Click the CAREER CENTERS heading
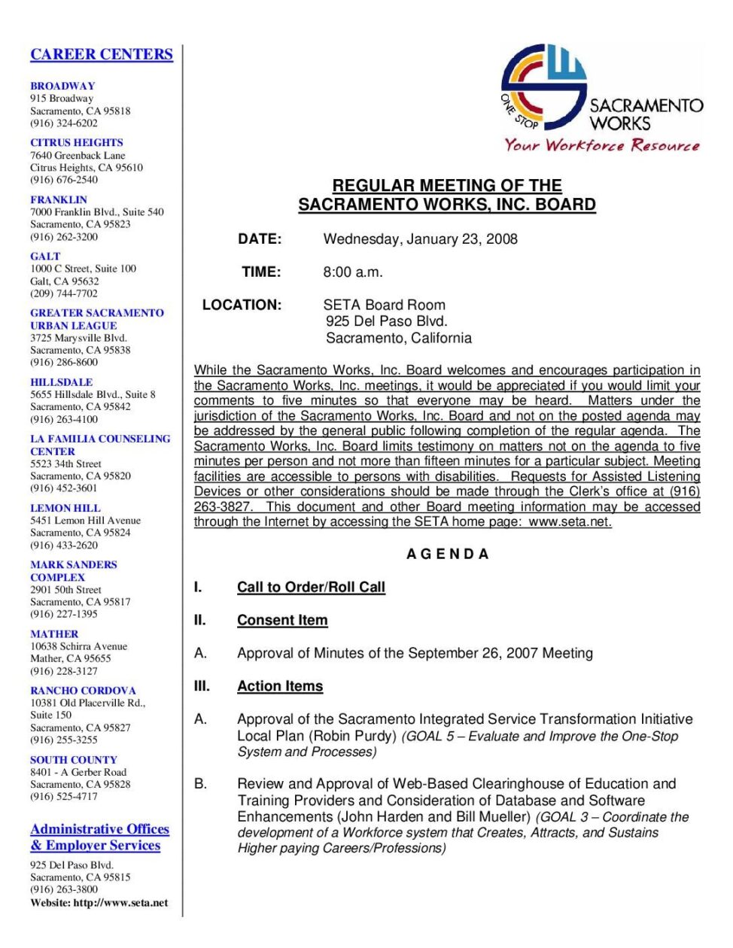click(x=102, y=54)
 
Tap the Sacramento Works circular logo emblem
click(x=544, y=87)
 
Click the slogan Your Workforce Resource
click(x=601, y=145)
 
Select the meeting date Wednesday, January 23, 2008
click(x=420, y=239)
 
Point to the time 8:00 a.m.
click(x=353, y=272)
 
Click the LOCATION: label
click(x=242, y=305)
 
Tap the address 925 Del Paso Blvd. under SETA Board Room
click(x=386, y=321)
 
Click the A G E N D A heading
click(x=448, y=555)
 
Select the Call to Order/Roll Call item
click(x=311, y=588)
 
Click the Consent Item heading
click(x=282, y=621)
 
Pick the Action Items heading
click(x=280, y=686)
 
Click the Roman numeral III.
click(x=202, y=686)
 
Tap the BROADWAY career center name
click(x=62, y=86)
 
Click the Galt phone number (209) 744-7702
click(x=64, y=293)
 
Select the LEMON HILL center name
click(x=65, y=508)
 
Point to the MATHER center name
click(x=54, y=634)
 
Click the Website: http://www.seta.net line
click(x=99, y=903)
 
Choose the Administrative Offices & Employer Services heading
click(x=99, y=837)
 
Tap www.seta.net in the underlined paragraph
click(x=570, y=522)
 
